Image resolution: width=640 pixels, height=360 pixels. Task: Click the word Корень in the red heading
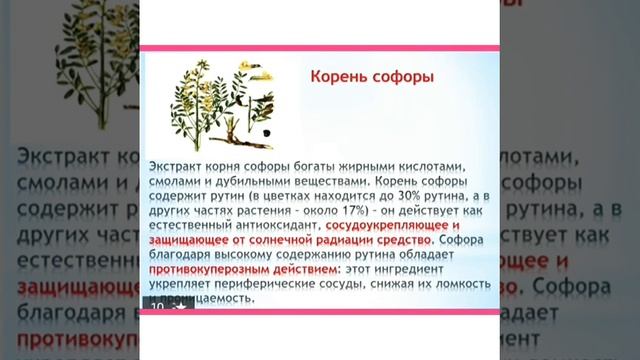336,77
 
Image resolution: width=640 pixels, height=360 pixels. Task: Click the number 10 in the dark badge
157,307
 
